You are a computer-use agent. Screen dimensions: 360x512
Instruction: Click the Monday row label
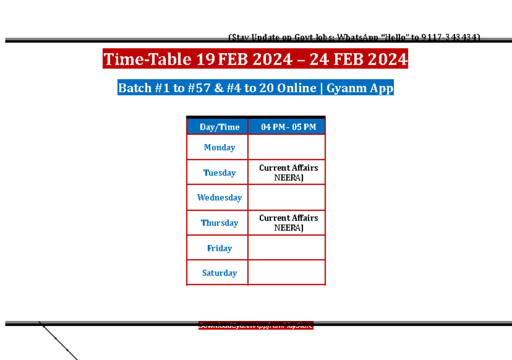pyautogui.click(x=219, y=147)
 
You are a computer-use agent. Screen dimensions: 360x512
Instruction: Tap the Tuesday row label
pyautogui.click(x=219, y=173)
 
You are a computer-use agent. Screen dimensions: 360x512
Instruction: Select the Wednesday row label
pyautogui.click(x=219, y=197)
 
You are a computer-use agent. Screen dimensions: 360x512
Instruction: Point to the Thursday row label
pyautogui.click(x=219, y=222)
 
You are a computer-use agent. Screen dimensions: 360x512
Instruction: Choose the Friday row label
pyautogui.click(x=219, y=248)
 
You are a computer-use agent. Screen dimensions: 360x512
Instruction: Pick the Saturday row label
pyautogui.click(x=219, y=272)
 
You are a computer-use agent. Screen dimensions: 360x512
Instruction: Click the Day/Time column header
pyautogui.click(x=219, y=127)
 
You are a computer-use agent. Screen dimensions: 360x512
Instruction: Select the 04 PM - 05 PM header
pyautogui.click(x=288, y=127)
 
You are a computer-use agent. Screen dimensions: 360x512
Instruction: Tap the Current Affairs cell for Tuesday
pyautogui.click(x=288, y=173)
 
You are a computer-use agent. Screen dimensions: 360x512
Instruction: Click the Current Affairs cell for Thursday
pyautogui.click(x=288, y=222)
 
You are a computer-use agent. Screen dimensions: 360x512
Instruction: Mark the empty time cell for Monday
pyautogui.click(x=287, y=147)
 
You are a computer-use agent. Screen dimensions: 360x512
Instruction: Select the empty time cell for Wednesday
pyautogui.click(x=287, y=197)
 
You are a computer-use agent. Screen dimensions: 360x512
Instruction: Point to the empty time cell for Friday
pyautogui.click(x=287, y=248)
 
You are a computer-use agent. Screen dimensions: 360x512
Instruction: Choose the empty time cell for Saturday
pyautogui.click(x=287, y=272)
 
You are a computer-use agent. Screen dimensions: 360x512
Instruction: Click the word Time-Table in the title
pyautogui.click(x=147, y=59)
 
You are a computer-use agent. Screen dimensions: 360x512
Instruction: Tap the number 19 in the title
pyautogui.click(x=206, y=59)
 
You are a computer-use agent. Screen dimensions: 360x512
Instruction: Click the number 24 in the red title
pyautogui.click(x=319, y=59)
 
